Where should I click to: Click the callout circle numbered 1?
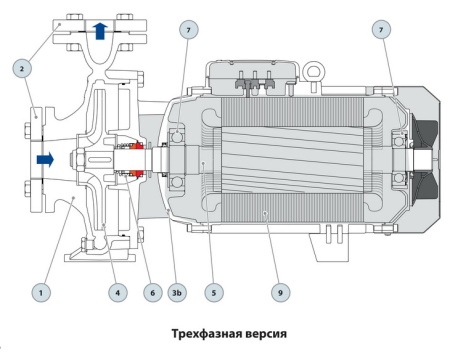40,292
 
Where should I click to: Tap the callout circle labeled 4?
118,292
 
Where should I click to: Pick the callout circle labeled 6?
153,292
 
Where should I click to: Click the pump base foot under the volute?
90,257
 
